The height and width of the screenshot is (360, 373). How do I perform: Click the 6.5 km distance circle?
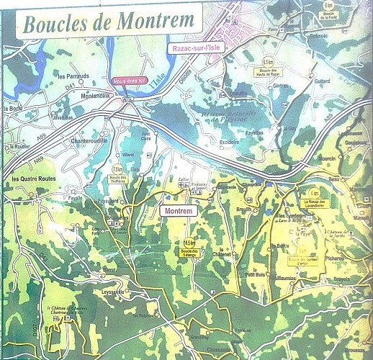(x=269, y=63)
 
